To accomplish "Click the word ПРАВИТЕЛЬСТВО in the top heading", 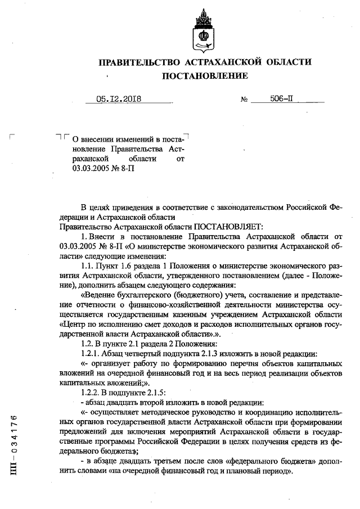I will [138, 62].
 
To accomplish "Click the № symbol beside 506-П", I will [244, 100].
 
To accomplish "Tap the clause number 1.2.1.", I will [92, 354].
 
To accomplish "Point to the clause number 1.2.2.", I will [92, 393].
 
